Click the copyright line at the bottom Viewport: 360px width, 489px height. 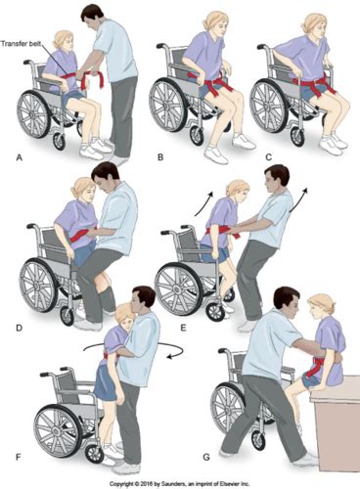(180, 482)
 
